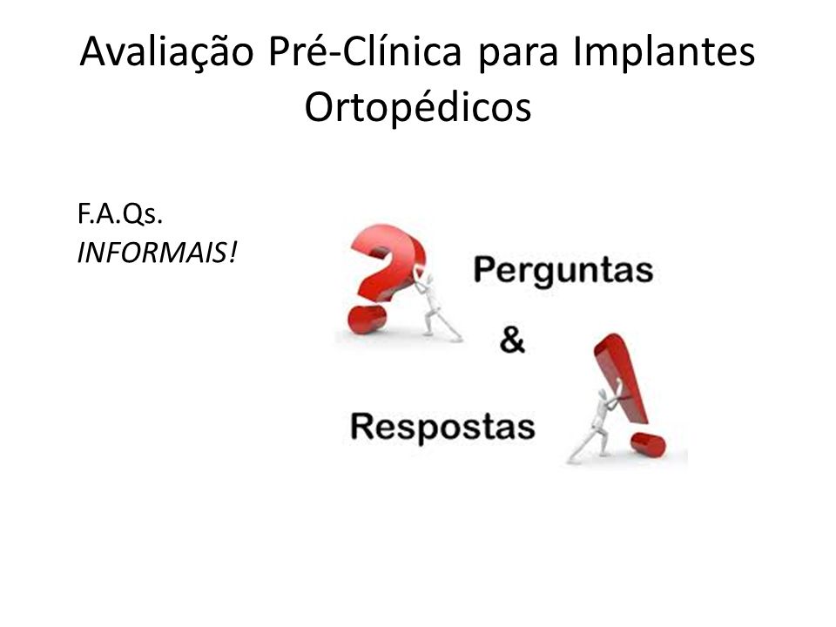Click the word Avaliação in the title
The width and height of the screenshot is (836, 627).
point(167,53)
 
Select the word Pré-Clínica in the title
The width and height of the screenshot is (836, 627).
point(365,51)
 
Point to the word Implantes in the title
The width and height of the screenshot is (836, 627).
point(664,52)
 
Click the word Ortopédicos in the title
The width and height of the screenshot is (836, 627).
point(418,106)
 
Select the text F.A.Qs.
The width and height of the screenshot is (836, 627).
point(120,214)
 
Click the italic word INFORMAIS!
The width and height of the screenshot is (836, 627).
point(157,253)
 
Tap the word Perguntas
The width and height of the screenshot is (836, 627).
point(563,271)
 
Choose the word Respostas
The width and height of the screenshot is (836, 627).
point(442,428)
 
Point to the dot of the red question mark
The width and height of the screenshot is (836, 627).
point(367,320)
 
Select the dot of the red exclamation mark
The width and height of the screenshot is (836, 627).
point(647,445)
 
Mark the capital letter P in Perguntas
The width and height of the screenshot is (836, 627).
point(483,269)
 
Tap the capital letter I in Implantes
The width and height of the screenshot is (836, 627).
point(577,51)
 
